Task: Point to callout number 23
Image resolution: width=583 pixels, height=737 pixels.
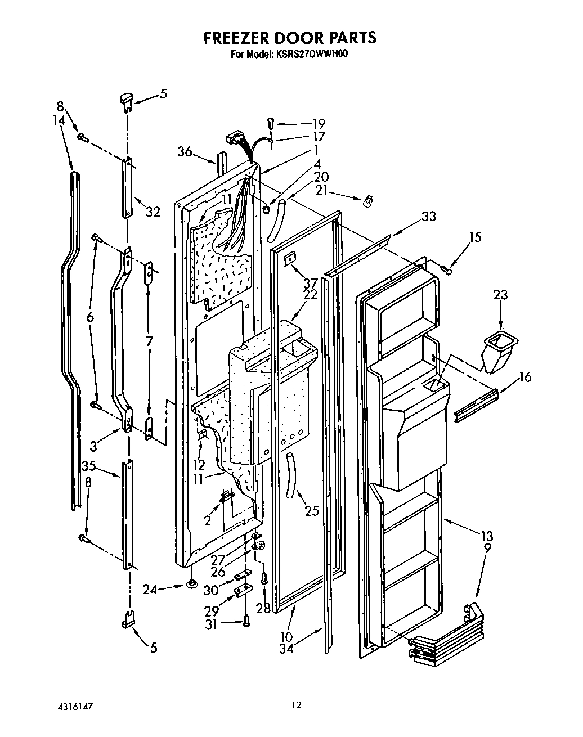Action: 500,294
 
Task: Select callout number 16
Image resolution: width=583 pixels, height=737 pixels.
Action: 524,377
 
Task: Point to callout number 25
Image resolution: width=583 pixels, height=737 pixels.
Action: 311,510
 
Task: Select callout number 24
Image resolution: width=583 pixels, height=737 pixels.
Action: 149,590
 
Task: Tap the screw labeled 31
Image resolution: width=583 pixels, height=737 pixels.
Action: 246,621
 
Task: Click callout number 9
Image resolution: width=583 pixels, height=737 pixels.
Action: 487,546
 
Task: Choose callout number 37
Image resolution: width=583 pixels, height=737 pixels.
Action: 310,282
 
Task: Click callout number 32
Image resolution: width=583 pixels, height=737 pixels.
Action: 153,212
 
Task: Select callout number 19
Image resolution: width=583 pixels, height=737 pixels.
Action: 319,124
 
